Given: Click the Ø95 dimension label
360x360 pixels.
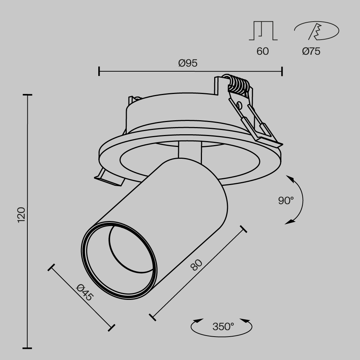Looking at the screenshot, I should click(x=188, y=63).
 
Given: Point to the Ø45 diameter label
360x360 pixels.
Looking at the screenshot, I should click(x=85, y=292).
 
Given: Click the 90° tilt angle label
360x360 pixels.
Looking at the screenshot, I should click(x=286, y=201).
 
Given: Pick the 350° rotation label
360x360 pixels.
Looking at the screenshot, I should click(x=223, y=327).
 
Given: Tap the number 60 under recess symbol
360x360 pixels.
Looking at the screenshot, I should click(x=262, y=51).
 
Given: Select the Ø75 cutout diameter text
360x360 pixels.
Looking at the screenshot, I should click(x=311, y=51).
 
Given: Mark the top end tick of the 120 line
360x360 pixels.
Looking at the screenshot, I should click(x=27, y=95).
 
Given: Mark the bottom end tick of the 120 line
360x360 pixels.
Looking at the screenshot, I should click(x=27, y=348).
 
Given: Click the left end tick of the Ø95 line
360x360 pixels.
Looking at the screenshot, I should click(x=99, y=71).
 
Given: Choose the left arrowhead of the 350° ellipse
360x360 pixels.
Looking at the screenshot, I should click(x=197, y=320).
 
